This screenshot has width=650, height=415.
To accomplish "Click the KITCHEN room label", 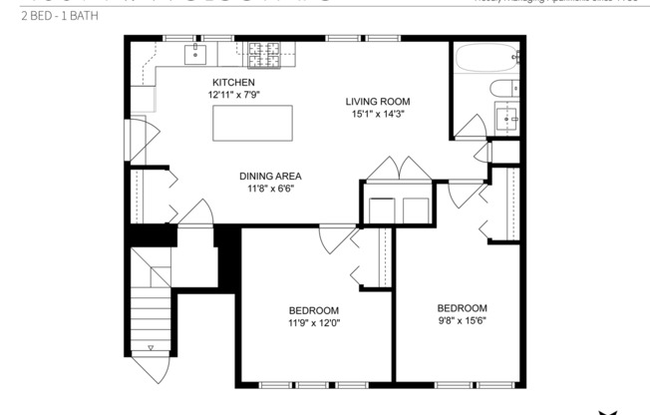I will click(232, 82).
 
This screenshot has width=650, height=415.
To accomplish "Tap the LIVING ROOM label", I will click(378, 102).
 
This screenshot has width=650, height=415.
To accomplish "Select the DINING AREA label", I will click(270, 176).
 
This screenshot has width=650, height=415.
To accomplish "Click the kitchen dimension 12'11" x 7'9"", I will click(232, 95).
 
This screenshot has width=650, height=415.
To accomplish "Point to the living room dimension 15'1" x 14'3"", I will click(378, 115).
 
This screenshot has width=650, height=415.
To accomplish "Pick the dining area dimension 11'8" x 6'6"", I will click(270, 189).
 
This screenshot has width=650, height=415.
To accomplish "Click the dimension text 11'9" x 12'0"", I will click(314, 322).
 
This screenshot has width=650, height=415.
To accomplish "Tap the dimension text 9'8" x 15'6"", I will click(462, 321).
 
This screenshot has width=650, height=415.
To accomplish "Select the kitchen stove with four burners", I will click(264, 52).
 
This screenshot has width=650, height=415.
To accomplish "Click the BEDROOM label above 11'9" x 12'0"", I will click(314, 309).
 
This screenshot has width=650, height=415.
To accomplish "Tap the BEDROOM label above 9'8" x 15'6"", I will click(462, 307).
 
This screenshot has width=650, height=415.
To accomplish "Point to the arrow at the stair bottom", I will click(150, 348).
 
